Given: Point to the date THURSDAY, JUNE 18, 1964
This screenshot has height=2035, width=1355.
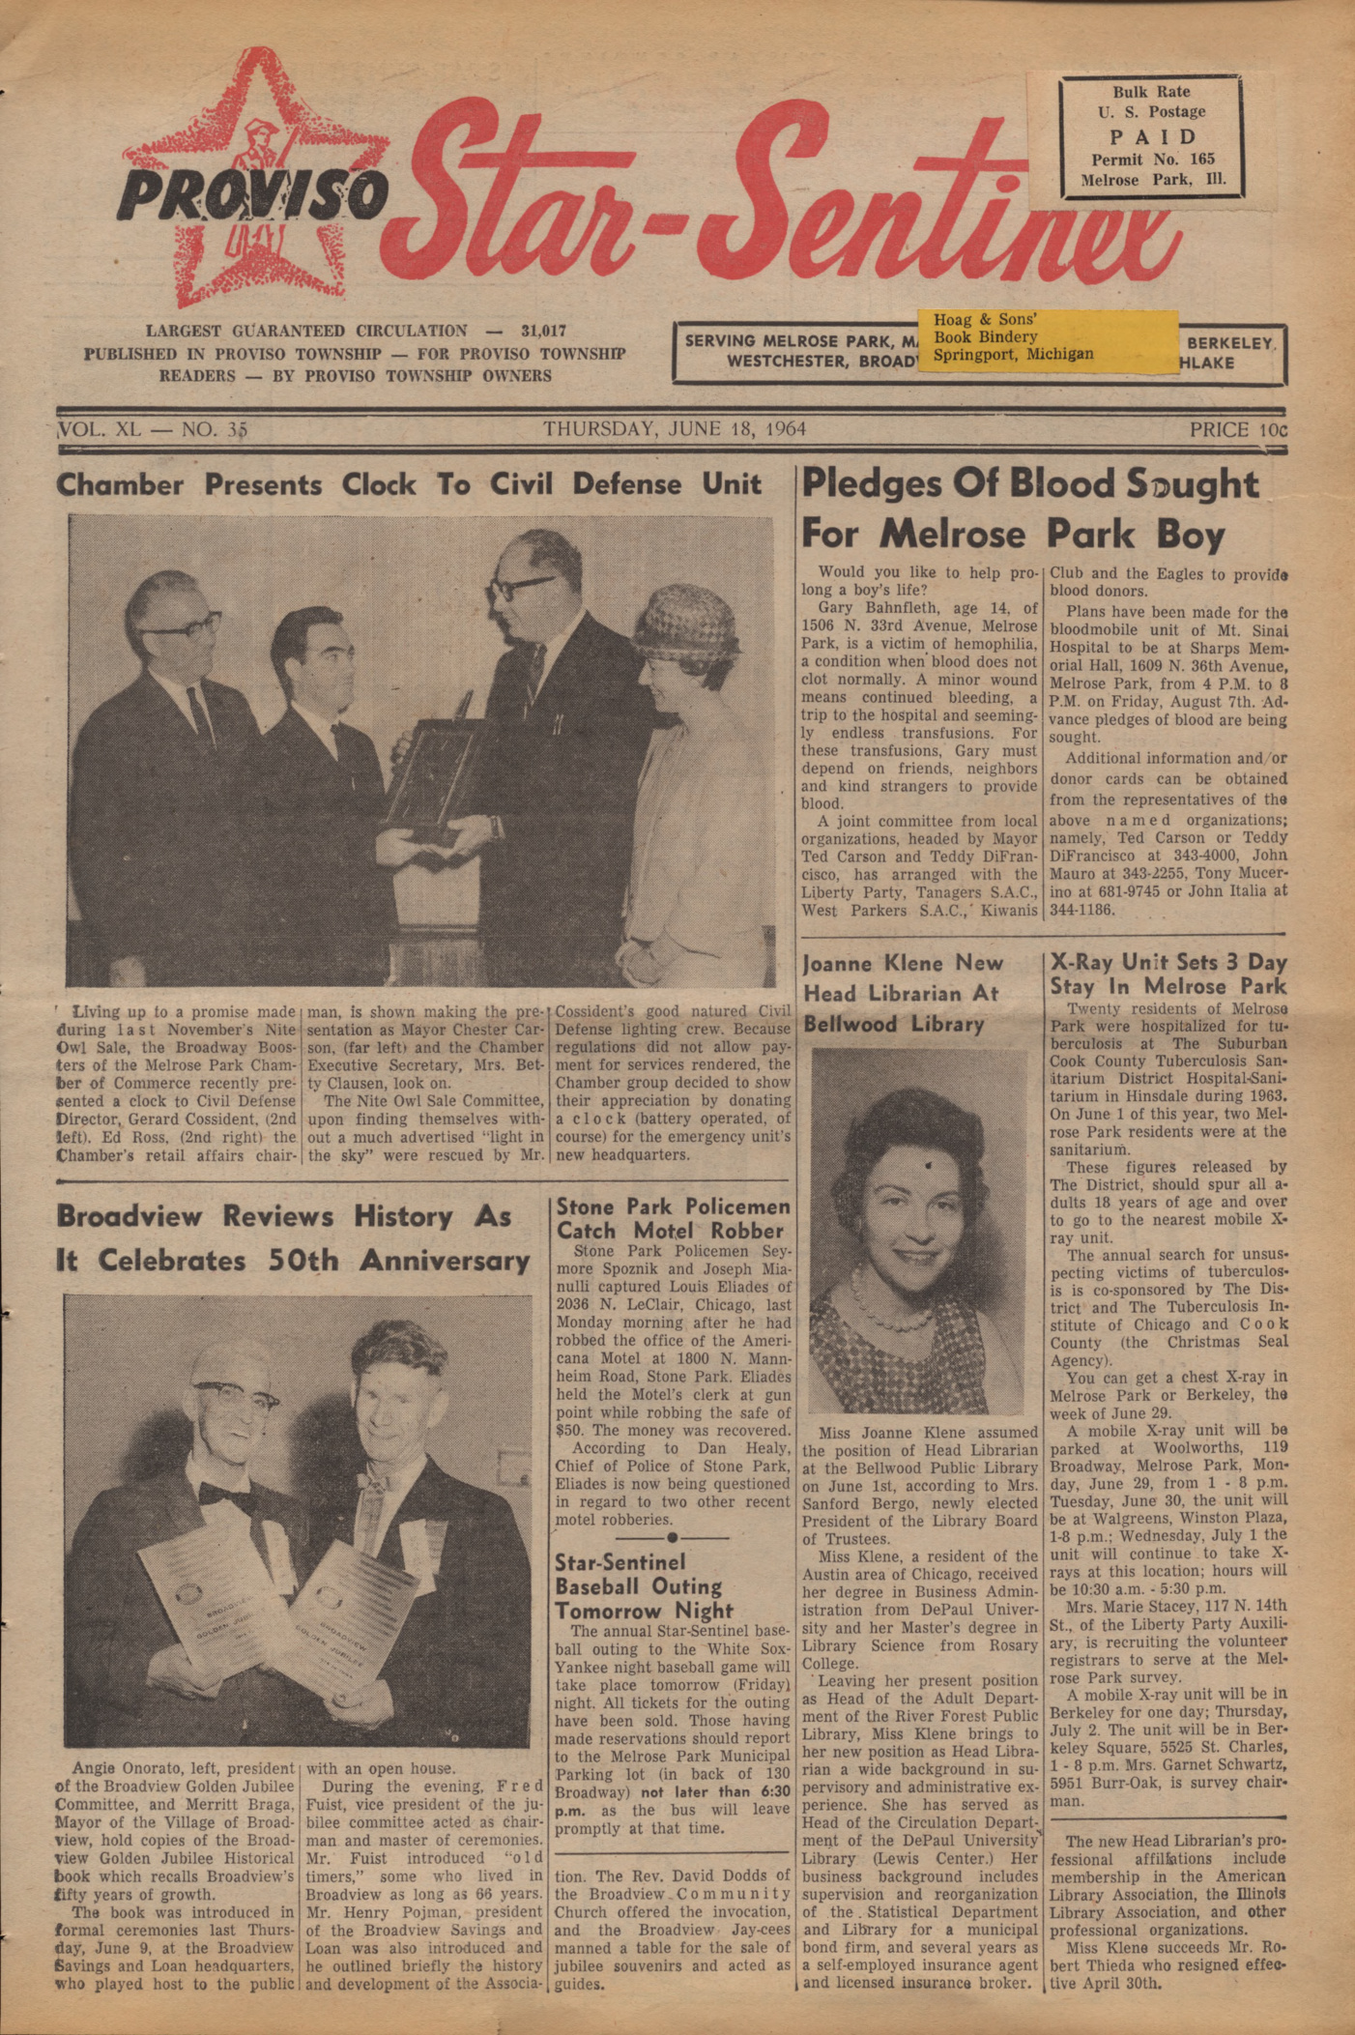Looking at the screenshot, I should point(674,428).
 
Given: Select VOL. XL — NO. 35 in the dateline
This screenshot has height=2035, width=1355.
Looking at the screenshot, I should point(153,429).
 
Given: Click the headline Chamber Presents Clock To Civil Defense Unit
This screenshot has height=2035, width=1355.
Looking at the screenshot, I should point(409,484).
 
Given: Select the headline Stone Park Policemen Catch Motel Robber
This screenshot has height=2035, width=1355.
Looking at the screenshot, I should point(673,1218).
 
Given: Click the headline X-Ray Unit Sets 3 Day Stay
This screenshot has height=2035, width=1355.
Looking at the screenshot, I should point(1168,974).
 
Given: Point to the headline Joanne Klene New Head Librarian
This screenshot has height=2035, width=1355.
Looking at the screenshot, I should point(903,993).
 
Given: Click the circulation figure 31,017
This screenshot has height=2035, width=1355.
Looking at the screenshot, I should point(543,331).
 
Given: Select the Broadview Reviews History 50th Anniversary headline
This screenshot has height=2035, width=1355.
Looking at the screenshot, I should point(293,1238).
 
